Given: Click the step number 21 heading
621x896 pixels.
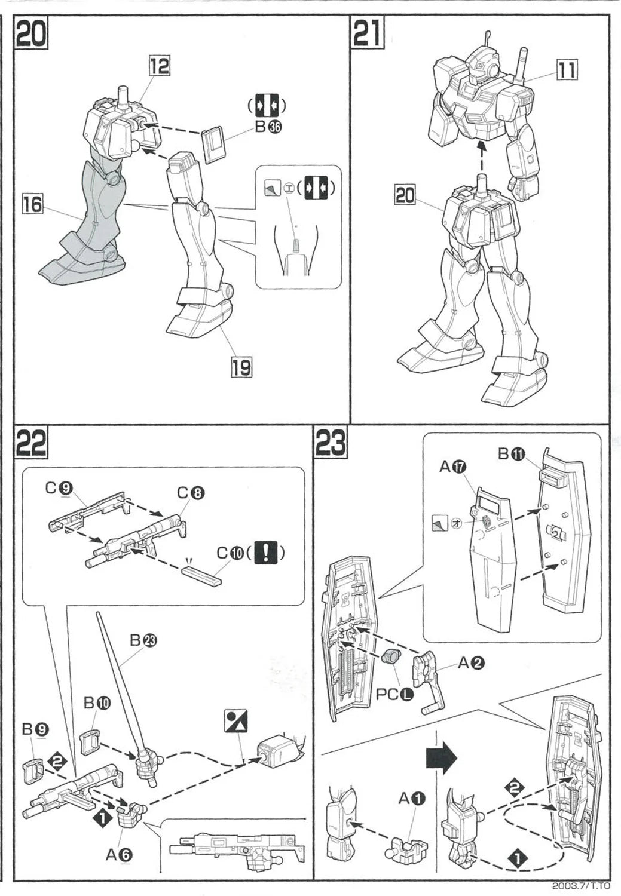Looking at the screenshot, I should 368,34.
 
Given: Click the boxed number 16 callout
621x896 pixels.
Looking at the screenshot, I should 33,204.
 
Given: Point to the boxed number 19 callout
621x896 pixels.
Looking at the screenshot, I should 241,366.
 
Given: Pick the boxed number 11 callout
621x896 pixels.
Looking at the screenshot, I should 567,70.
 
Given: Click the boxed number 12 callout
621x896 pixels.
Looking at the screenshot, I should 159,66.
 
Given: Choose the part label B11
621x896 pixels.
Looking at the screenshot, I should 510,454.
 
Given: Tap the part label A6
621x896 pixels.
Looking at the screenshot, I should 119,855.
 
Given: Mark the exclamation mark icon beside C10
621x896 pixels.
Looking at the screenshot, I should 265,553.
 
